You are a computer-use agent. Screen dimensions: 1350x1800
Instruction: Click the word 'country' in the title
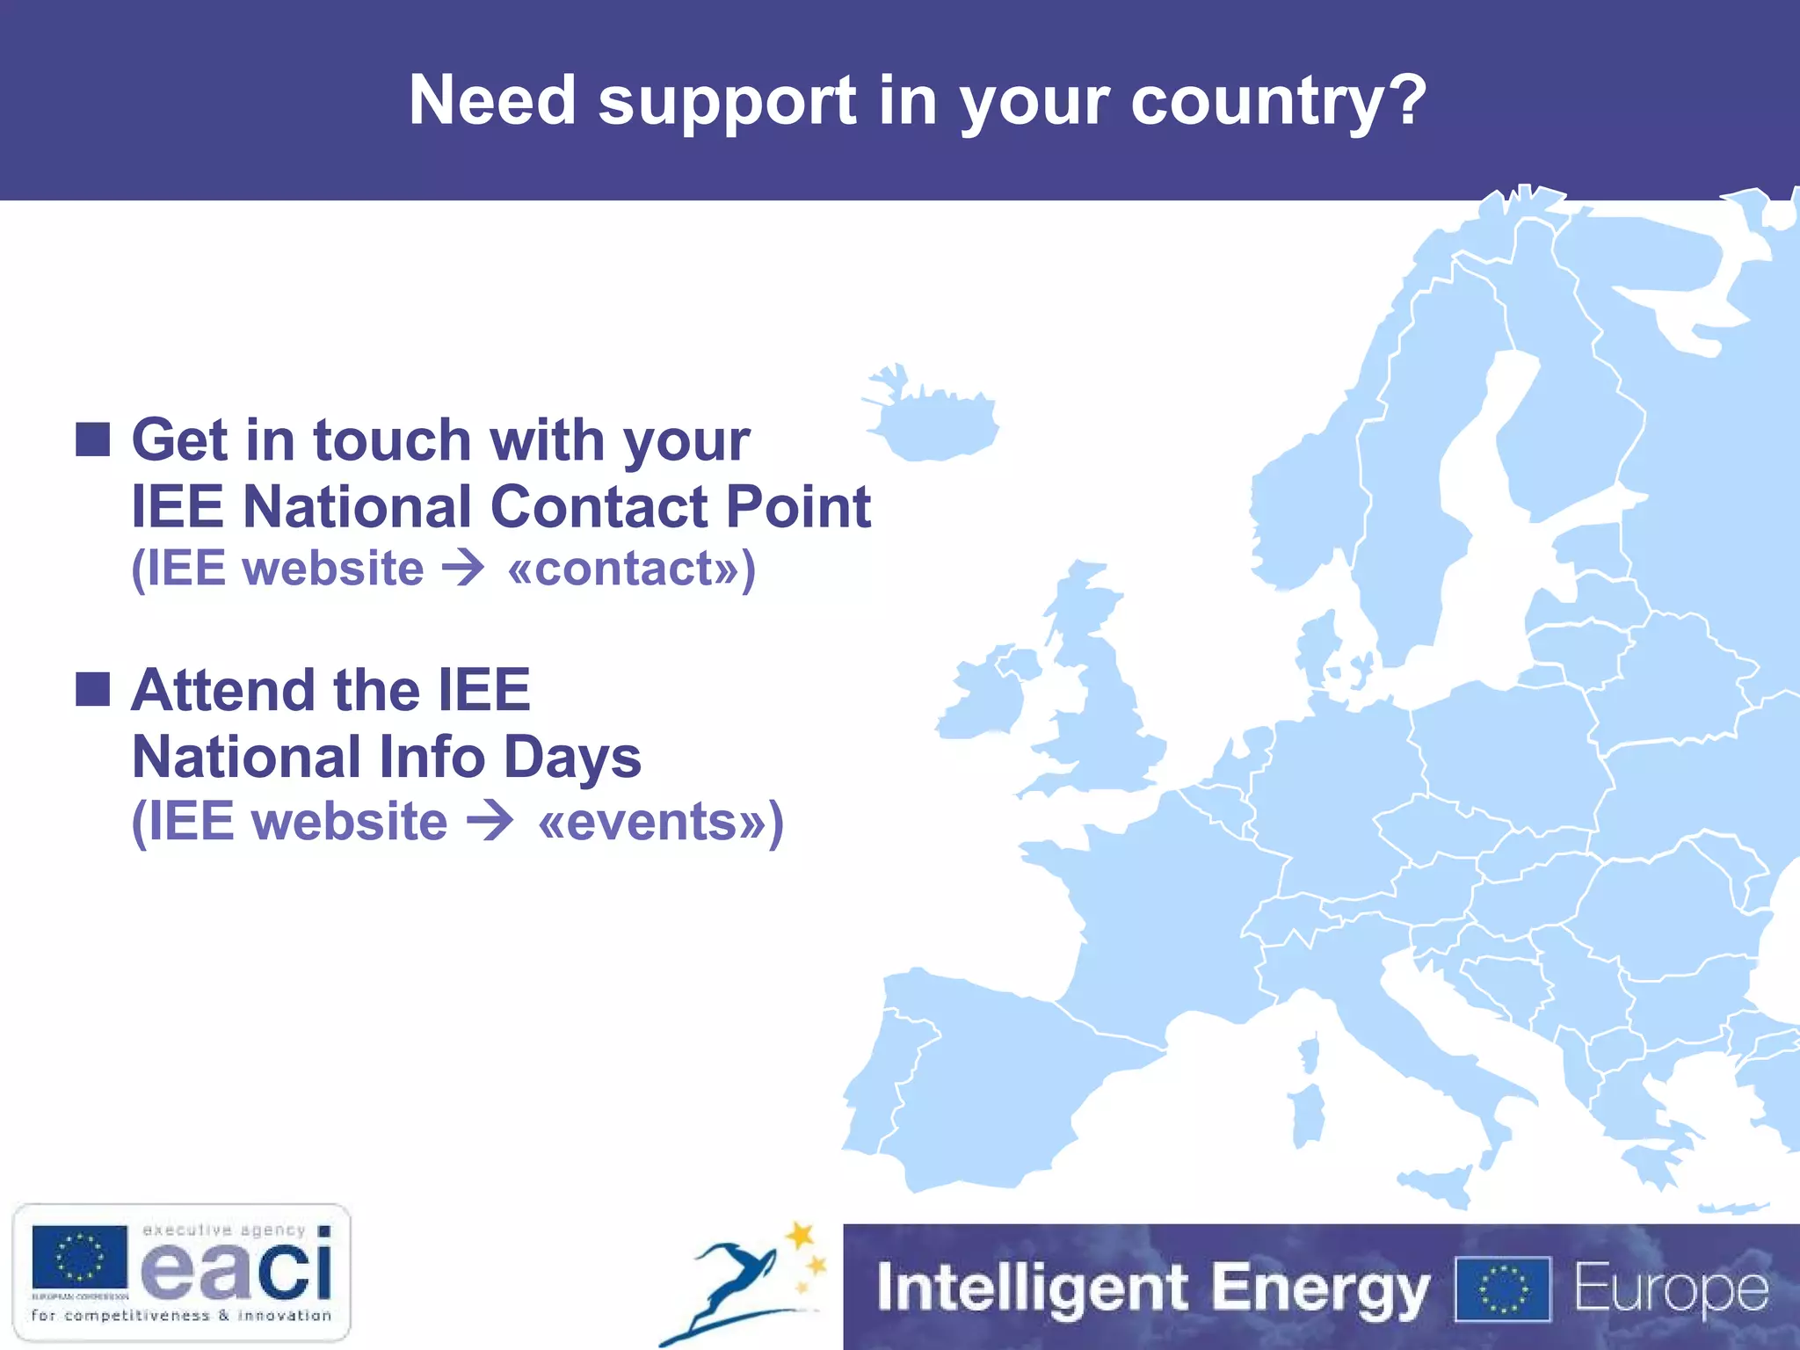[x=1256, y=102]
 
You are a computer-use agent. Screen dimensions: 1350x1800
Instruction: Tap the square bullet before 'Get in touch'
[x=92, y=439]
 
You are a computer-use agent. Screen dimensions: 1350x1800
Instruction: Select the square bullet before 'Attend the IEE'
[x=92, y=689]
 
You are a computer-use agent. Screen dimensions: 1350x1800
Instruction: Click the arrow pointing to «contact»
[x=463, y=568]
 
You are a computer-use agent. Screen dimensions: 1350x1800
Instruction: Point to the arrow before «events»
[x=490, y=821]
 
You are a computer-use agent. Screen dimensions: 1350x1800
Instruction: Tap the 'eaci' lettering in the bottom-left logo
[x=237, y=1268]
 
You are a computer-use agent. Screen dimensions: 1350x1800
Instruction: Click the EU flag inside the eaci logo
[x=80, y=1258]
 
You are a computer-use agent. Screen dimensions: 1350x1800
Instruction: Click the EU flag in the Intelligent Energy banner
[x=1502, y=1289]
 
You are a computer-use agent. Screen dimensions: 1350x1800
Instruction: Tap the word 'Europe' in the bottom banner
[x=1670, y=1289]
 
